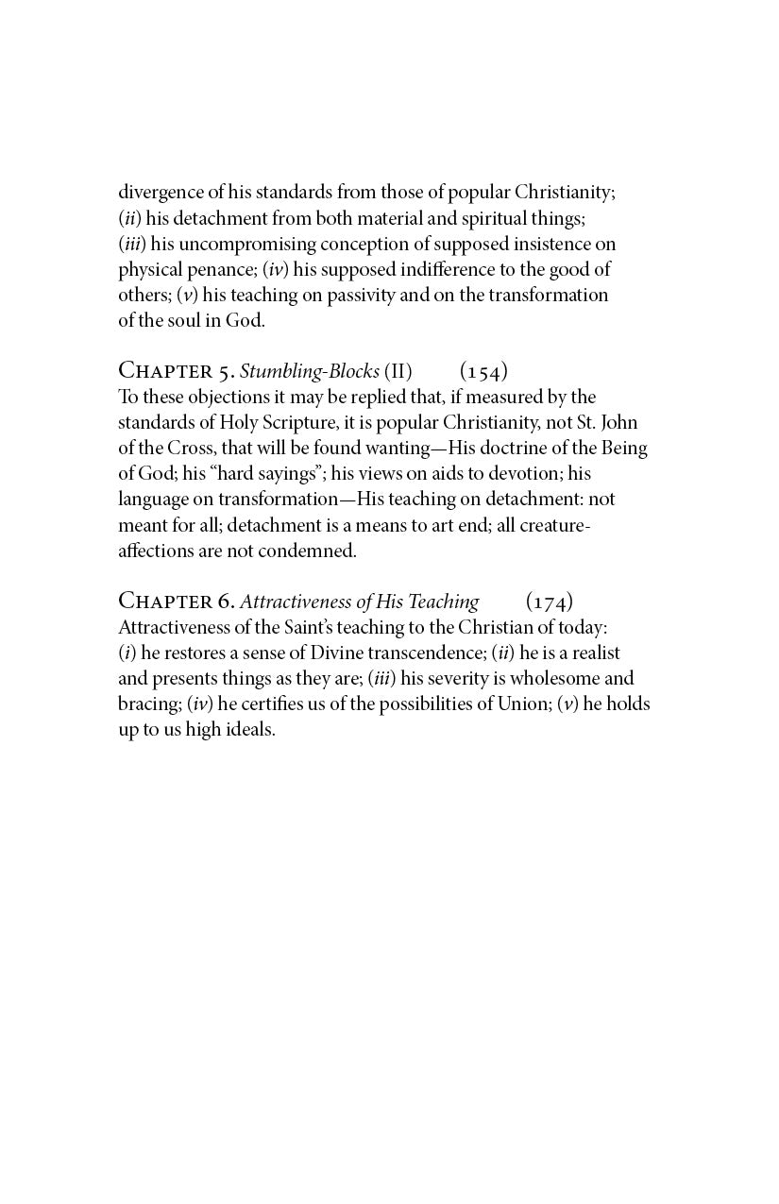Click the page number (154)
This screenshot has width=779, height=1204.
483,371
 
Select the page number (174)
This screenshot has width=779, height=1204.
549,602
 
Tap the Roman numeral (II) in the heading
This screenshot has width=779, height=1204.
398,371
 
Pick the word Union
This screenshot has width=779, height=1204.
522,704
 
